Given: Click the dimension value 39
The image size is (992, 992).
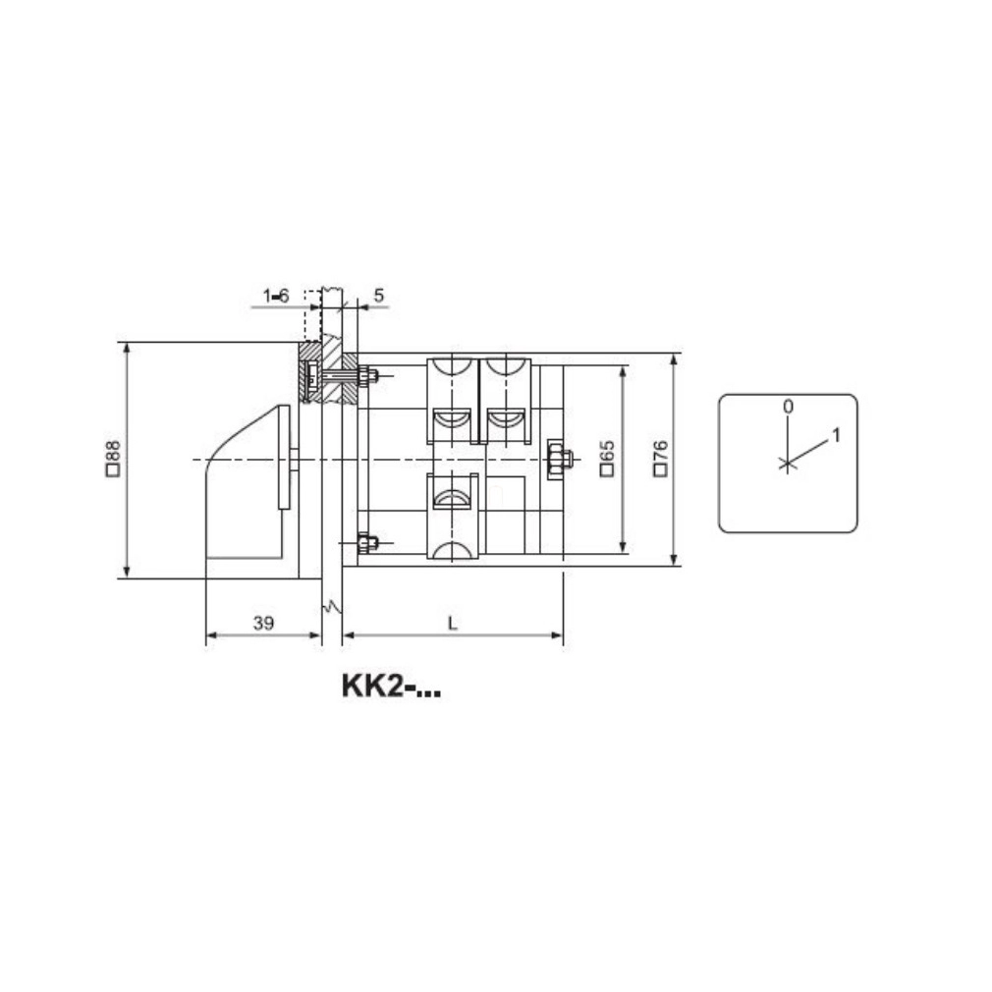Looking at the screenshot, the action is (263, 623).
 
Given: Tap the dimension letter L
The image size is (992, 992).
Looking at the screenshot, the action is (453, 623).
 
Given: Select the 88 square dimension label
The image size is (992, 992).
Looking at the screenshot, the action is (113, 458).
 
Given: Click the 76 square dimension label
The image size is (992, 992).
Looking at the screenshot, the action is (660, 458).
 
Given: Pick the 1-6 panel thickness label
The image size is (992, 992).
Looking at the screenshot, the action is (276, 296).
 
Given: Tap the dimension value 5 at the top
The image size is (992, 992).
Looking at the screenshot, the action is (379, 296).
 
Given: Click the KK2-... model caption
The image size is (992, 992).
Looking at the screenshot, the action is (391, 687).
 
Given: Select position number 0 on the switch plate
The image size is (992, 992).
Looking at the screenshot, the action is (788, 407).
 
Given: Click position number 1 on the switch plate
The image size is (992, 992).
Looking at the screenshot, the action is (836, 435).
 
